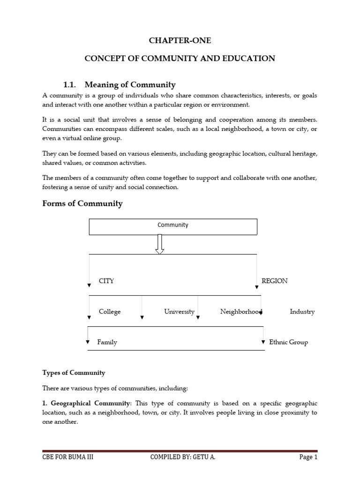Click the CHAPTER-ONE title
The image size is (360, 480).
(180, 41)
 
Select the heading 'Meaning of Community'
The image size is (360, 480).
(130, 84)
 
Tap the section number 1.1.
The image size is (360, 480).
(69, 84)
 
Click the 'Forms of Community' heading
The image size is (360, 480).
(82, 203)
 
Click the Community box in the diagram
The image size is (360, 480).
(173, 227)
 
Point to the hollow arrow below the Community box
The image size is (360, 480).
(160, 244)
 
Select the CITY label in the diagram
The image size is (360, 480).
(106, 281)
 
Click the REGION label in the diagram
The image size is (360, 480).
(275, 281)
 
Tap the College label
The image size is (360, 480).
(110, 312)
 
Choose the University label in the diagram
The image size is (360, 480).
(179, 312)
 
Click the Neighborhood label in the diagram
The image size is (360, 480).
(241, 312)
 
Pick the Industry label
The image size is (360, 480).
(302, 312)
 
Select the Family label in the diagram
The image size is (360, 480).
(107, 342)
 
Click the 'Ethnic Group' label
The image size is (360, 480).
(289, 342)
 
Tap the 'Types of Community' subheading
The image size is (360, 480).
(74, 373)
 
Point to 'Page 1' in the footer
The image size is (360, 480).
(308, 457)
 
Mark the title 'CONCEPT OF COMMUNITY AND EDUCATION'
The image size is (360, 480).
(180, 59)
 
